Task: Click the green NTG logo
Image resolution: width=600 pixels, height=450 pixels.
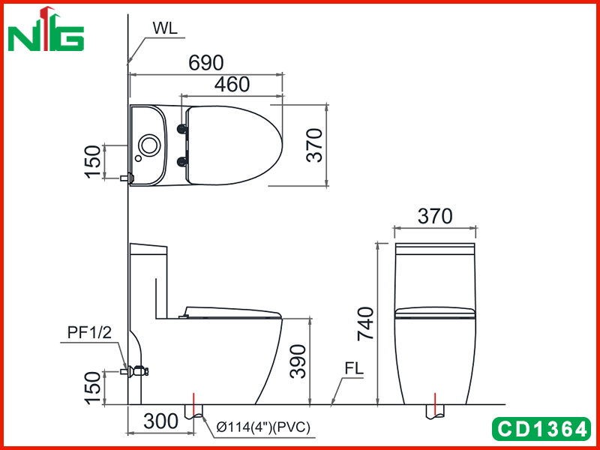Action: (x=46, y=29)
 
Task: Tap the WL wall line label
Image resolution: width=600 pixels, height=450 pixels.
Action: (x=165, y=28)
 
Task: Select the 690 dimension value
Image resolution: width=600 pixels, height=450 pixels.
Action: (x=205, y=63)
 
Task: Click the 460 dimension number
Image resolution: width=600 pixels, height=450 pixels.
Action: (x=232, y=85)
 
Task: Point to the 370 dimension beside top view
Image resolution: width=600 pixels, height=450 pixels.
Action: (x=315, y=145)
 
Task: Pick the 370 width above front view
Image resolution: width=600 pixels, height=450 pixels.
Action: (x=435, y=216)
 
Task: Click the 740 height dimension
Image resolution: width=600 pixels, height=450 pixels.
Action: (x=365, y=324)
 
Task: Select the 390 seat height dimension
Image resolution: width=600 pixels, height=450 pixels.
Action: (x=298, y=361)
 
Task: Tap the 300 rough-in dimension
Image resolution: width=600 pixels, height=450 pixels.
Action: (x=160, y=421)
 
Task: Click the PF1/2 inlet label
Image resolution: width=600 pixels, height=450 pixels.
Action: (x=89, y=333)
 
